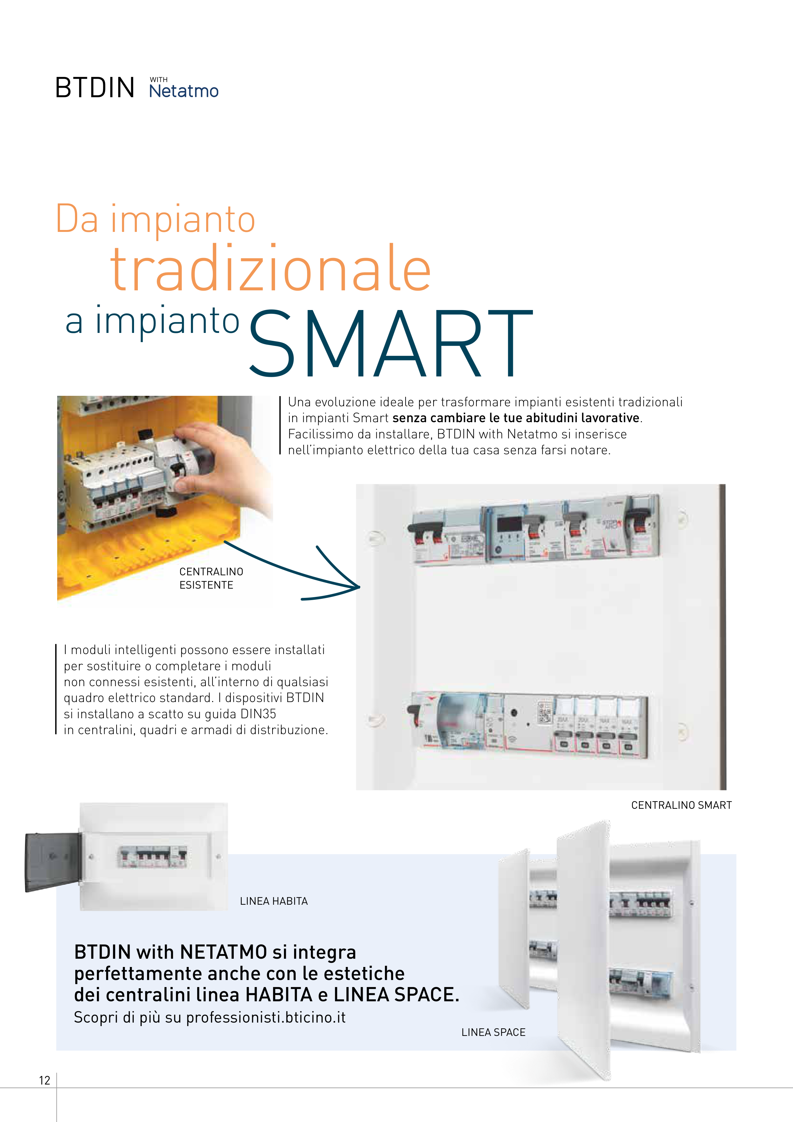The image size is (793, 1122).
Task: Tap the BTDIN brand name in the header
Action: tap(95, 88)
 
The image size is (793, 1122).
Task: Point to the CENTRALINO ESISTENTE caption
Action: tap(211, 578)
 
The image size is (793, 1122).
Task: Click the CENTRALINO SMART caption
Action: tap(681, 805)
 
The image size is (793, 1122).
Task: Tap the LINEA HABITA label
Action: tap(274, 901)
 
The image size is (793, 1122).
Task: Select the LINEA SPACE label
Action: tap(494, 1032)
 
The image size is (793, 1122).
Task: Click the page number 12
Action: tap(44, 1080)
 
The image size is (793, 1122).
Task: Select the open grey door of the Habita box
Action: tap(53, 862)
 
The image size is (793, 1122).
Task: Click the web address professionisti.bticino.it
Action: tap(266, 1017)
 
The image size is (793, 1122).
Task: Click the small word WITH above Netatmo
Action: tap(159, 80)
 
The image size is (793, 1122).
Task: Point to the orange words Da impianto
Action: tap(155, 220)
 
